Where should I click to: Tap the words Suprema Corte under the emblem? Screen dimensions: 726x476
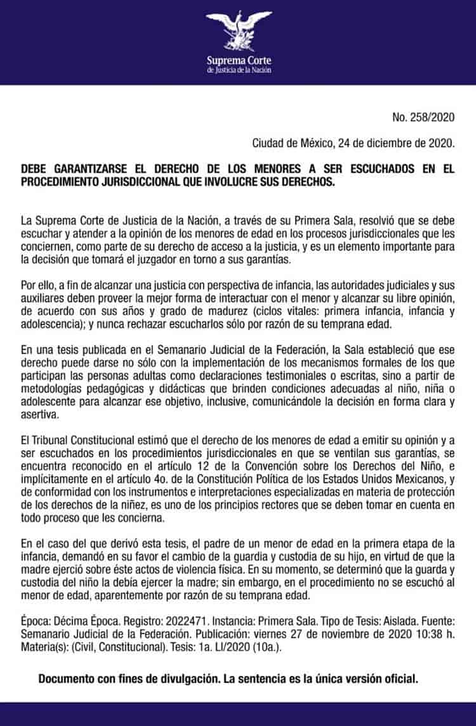239,61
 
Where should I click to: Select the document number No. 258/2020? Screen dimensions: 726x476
425,117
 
